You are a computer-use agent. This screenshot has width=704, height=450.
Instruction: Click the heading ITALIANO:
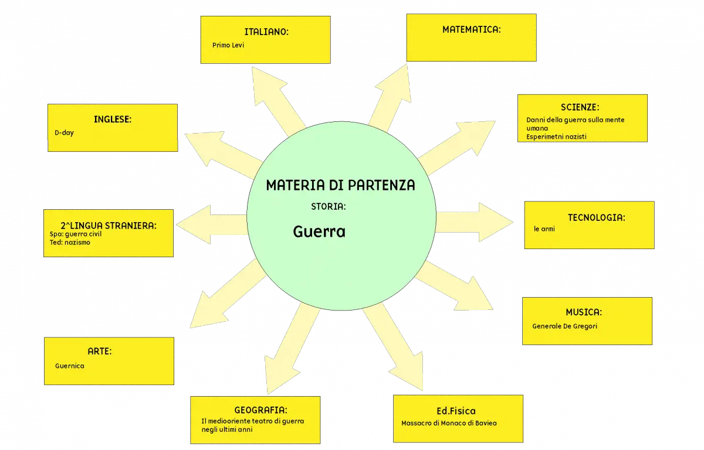click(x=266, y=32)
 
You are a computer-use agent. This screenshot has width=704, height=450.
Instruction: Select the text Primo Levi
click(x=228, y=45)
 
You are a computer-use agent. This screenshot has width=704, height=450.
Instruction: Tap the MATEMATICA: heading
click(x=472, y=29)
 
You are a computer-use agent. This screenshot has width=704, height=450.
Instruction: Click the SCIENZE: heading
click(x=580, y=107)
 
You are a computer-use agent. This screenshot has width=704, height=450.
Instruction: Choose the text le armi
click(x=544, y=229)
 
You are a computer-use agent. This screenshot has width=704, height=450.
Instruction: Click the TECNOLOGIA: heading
click(x=596, y=217)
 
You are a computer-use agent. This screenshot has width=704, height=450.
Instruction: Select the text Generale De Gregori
click(x=564, y=326)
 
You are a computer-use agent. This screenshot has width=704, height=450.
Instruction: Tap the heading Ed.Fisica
click(x=456, y=411)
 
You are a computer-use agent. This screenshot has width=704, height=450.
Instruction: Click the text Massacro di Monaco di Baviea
click(x=449, y=423)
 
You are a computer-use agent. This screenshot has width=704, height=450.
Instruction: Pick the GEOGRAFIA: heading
click(x=260, y=410)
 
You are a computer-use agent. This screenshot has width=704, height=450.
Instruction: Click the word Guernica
click(x=69, y=366)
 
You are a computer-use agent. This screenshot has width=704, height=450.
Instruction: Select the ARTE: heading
click(x=99, y=351)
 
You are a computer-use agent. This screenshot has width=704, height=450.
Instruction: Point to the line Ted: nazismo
click(x=70, y=242)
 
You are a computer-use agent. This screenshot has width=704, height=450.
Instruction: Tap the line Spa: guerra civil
click(x=76, y=234)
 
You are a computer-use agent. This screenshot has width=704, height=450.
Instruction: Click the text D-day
click(x=64, y=133)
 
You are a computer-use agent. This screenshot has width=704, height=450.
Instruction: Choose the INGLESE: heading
click(x=113, y=120)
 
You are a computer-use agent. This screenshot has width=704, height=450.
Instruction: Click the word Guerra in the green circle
click(x=319, y=231)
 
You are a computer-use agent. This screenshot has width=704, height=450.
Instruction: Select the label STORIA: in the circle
click(x=329, y=206)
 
